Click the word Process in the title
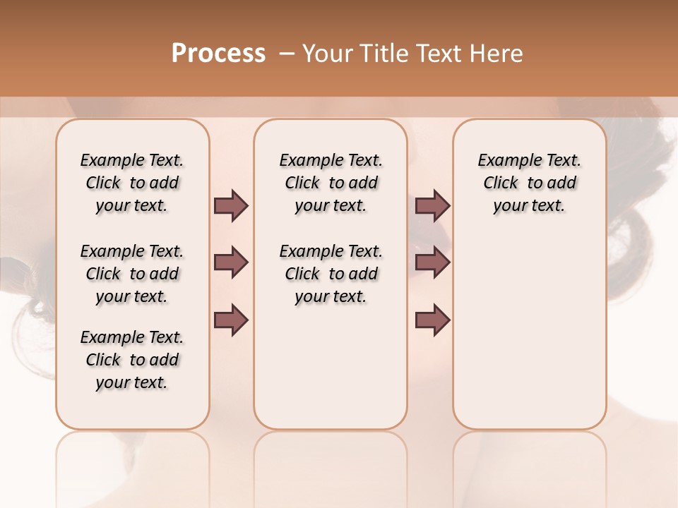[x=218, y=54]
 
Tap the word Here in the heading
[x=498, y=54]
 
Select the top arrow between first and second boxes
[x=231, y=206]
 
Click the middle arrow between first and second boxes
[x=231, y=263]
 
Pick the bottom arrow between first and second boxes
[x=231, y=320]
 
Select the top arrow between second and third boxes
[x=432, y=206]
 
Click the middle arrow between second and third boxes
[x=432, y=263]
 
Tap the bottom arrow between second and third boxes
[x=432, y=320]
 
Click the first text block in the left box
[x=132, y=183]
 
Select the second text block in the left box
[x=132, y=274]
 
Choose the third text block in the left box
[x=132, y=360]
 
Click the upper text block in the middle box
[x=331, y=183]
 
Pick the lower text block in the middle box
[x=331, y=274]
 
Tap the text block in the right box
[x=529, y=183]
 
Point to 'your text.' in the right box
[x=529, y=206]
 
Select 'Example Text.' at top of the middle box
[x=331, y=161]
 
